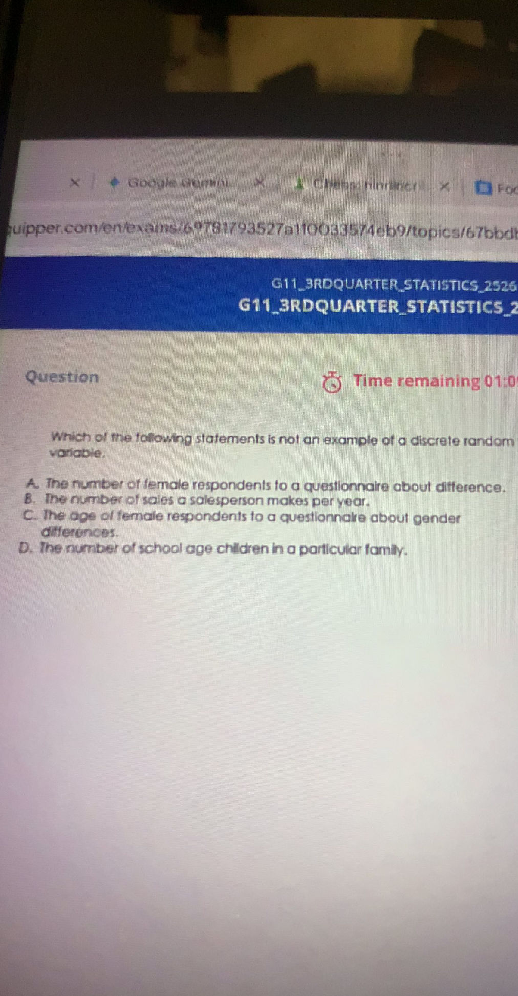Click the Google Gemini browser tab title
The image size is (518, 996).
tap(177, 182)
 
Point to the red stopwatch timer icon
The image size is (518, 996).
tap(332, 382)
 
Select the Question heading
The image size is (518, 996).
tap(62, 377)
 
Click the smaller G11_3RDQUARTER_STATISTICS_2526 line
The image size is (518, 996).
tap(393, 285)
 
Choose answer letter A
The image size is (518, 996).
tap(33, 483)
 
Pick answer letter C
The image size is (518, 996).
tap(29, 515)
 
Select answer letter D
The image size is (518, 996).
tap(26, 548)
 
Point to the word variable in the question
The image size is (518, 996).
tap(76, 453)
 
